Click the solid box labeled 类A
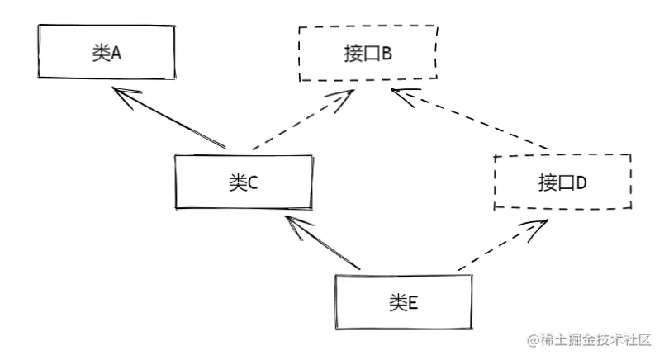pyautogui.click(x=106, y=52)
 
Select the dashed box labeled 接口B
pyautogui.click(x=368, y=54)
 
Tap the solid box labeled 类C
pyautogui.click(x=244, y=182)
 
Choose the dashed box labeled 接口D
pyautogui.click(x=562, y=182)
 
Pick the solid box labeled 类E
pyautogui.click(x=403, y=302)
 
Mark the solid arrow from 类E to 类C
pyautogui.click(x=322, y=243)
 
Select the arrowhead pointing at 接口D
pyautogui.click(x=537, y=225)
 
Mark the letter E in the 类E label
pyautogui.click(x=414, y=303)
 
